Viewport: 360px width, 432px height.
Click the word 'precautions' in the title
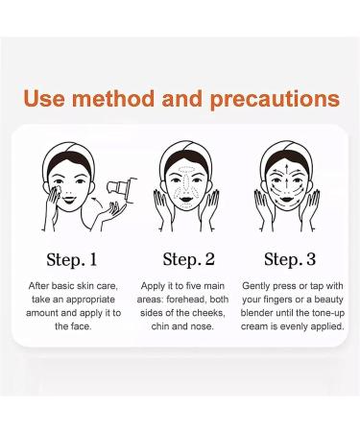coord(275,100)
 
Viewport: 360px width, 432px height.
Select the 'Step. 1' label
coord(71,259)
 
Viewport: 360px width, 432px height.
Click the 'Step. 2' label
coord(188,259)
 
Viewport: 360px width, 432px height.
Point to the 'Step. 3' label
coord(290,259)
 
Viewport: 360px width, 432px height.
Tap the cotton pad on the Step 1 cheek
coord(58,190)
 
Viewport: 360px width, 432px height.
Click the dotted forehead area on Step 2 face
coord(185,169)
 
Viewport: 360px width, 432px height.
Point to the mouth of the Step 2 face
coord(186,200)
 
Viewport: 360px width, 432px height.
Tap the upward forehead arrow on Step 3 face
coord(287,169)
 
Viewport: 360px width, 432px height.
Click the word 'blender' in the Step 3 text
coord(256,313)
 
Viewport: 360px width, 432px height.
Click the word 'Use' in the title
coord(44,98)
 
